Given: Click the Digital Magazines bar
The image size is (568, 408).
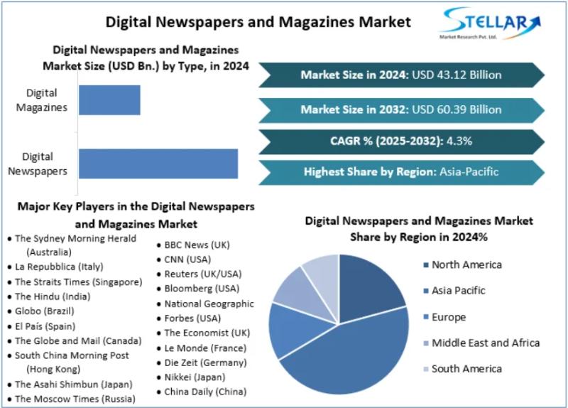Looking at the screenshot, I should coord(109,100).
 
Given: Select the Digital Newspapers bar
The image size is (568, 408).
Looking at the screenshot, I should coord(158,163).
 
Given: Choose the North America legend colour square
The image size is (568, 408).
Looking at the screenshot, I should coord(425,265).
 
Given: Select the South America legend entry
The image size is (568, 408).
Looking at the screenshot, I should coord(466,368).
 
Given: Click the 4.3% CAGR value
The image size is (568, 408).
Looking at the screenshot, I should coord(459,141).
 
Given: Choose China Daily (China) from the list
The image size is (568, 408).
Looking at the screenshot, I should coord(205,391).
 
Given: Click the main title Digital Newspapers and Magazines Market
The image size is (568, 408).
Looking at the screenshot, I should coord(258,22).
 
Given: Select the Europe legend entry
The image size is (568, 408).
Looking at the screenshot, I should coord(449,317).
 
